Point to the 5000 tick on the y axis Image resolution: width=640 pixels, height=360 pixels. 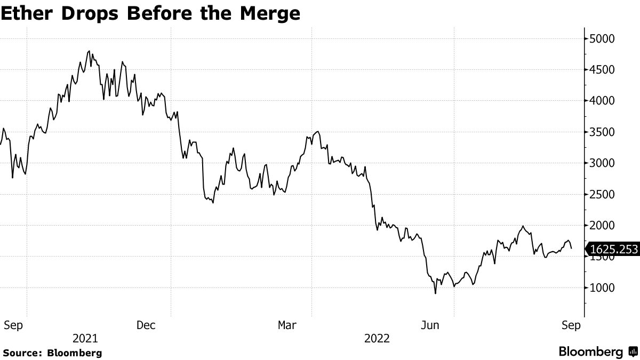pyautogui.click(x=603, y=38)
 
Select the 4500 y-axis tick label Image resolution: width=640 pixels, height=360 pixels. pyautogui.click(x=603, y=70)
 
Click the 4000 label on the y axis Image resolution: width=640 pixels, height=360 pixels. pyautogui.click(x=603, y=101)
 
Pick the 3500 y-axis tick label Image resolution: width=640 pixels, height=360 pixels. pyautogui.click(x=603, y=132)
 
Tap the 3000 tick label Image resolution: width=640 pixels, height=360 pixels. pyautogui.click(x=603, y=163)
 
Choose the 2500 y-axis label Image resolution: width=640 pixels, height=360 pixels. pyautogui.click(x=603, y=195)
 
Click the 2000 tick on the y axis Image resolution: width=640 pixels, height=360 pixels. pyautogui.click(x=603, y=226)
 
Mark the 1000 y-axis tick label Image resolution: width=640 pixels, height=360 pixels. pyautogui.click(x=603, y=288)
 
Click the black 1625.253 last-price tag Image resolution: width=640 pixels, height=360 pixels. pyautogui.click(x=612, y=249)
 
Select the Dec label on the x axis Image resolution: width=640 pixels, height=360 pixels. pyautogui.click(x=146, y=325)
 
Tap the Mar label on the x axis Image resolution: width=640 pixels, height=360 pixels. pyautogui.click(x=287, y=325)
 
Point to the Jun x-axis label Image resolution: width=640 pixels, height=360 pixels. pyautogui.click(x=430, y=325)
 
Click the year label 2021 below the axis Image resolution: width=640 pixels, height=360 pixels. pyautogui.click(x=85, y=339)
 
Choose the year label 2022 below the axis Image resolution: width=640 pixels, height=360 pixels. pyautogui.click(x=377, y=339)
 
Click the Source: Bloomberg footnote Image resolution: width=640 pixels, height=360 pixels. pyautogui.click(x=52, y=353)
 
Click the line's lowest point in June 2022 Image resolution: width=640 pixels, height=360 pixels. pyautogui.click(x=436, y=293)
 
